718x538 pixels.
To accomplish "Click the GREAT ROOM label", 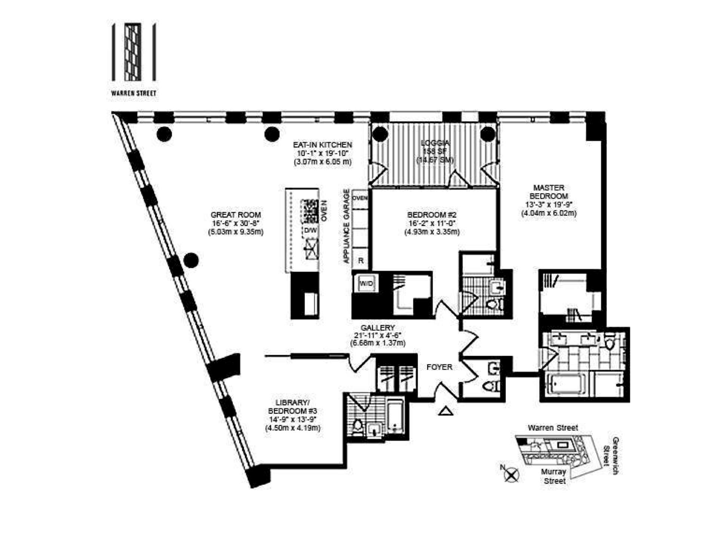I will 236,215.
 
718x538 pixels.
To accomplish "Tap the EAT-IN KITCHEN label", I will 322,145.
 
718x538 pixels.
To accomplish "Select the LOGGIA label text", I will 435,143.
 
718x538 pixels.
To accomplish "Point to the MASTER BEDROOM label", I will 549,192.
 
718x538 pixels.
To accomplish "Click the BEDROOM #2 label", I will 432,215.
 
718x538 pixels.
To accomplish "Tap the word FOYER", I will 439,367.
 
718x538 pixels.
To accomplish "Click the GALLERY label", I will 378,328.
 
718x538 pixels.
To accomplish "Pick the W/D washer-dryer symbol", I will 366,284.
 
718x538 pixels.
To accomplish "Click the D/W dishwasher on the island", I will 310,230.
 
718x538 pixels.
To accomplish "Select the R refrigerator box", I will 361,261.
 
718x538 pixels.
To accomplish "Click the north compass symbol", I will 511,475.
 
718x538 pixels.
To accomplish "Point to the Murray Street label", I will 554,476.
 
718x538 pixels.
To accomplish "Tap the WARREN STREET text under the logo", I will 134,93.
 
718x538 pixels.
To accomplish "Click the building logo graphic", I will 134,52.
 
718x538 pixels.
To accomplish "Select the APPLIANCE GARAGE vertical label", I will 347,226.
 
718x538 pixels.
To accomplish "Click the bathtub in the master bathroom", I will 565,384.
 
